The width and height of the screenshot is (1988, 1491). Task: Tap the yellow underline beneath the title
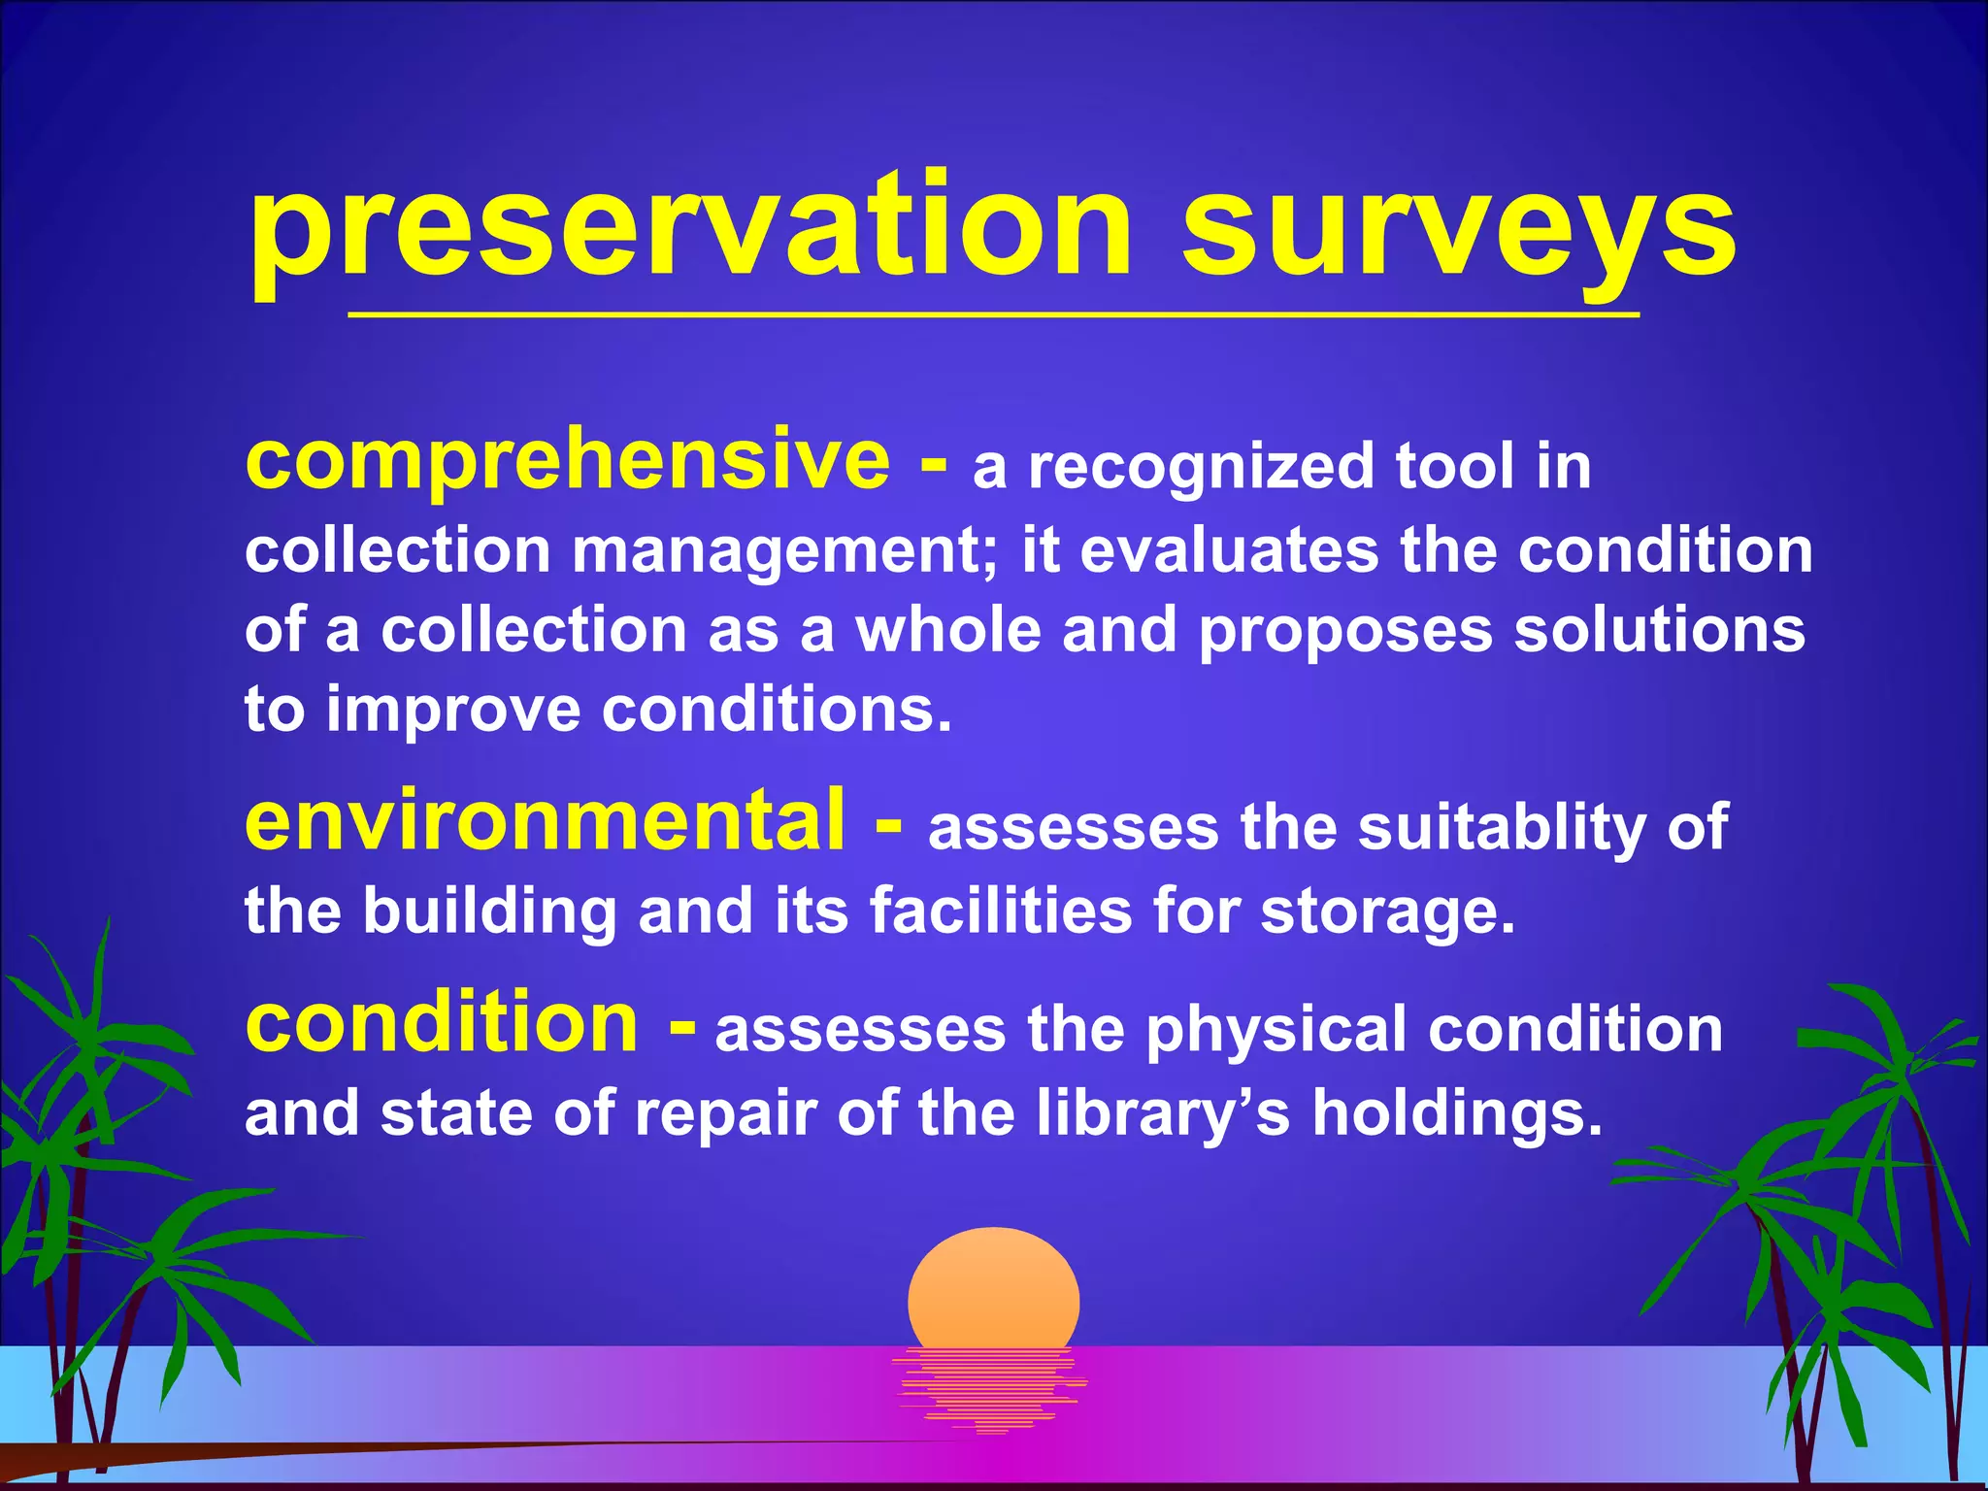(993, 315)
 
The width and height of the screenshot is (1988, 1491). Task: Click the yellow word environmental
(545, 821)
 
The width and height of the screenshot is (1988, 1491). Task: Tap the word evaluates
(1229, 551)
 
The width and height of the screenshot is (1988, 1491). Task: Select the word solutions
(1659, 630)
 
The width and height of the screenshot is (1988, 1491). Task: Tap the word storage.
(1387, 911)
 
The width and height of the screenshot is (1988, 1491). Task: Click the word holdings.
(1456, 1113)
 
